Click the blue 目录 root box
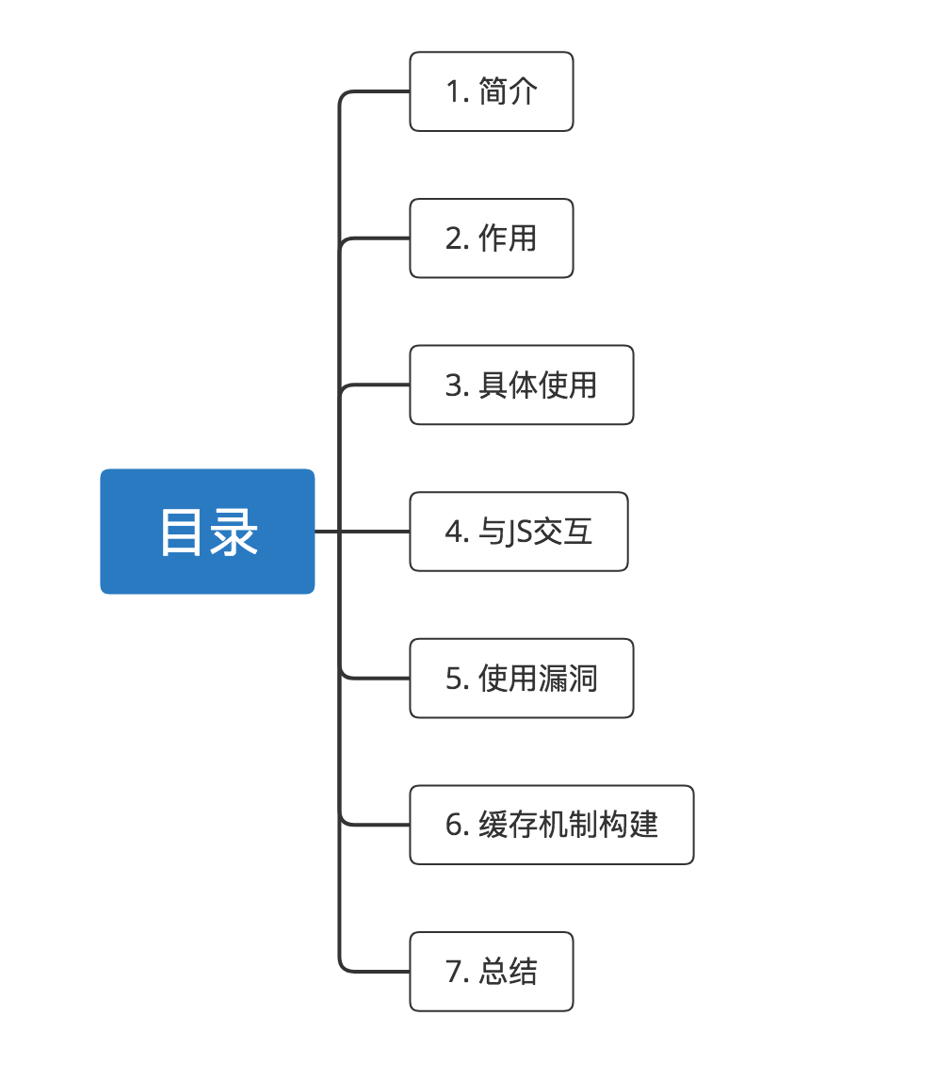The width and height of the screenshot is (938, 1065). [207, 532]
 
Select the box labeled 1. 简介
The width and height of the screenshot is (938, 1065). [491, 91]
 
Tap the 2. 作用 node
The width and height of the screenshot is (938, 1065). [491, 238]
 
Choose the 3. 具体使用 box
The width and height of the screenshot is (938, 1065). [521, 385]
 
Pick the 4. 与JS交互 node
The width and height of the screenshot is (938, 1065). [518, 532]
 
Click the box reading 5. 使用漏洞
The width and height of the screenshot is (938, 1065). [521, 679]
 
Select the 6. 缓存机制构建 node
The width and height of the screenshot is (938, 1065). [551, 825]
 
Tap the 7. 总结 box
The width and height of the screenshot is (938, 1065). [491, 972]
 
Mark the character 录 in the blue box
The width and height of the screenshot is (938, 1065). [234, 532]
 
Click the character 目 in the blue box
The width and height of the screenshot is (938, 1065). [181, 532]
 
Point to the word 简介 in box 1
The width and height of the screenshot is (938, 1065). [508, 91]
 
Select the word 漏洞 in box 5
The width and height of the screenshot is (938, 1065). [568, 679]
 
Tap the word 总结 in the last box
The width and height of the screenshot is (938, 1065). [508, 972]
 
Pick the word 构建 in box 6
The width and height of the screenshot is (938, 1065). [628, 825]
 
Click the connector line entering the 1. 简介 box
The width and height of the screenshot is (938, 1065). [377, 91]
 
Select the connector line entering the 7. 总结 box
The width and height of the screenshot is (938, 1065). [377, 972]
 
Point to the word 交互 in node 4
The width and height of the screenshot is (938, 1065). [563, 532]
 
